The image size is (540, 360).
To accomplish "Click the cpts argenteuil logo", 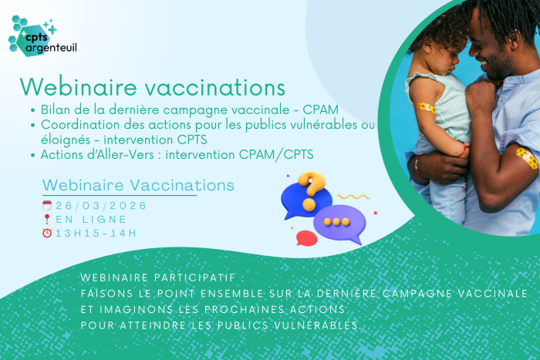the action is click(42, 35).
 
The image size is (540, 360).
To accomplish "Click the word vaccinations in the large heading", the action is click(215, 87).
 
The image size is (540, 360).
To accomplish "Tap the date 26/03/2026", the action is click(101, 206).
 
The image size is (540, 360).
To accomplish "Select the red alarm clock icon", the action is click(47, 233).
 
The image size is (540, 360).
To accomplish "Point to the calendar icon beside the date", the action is click(47, 206).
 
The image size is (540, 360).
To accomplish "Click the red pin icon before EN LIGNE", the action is click(47, 219).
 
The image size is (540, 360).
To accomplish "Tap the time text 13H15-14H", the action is click(96, 234).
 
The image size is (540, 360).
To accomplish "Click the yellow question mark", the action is click(311, 190).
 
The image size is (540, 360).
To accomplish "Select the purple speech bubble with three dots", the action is click(339, 224).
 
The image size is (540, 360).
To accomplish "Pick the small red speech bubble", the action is click(306, 238).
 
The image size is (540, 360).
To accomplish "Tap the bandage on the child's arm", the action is click(427, 108).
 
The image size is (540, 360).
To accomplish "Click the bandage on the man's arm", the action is click(527, 158).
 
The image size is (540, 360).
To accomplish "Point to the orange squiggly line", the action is click(353, 197).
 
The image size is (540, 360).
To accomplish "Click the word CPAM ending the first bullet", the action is click(320, 109).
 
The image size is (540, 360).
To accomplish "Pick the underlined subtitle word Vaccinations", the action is click(182, 185).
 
